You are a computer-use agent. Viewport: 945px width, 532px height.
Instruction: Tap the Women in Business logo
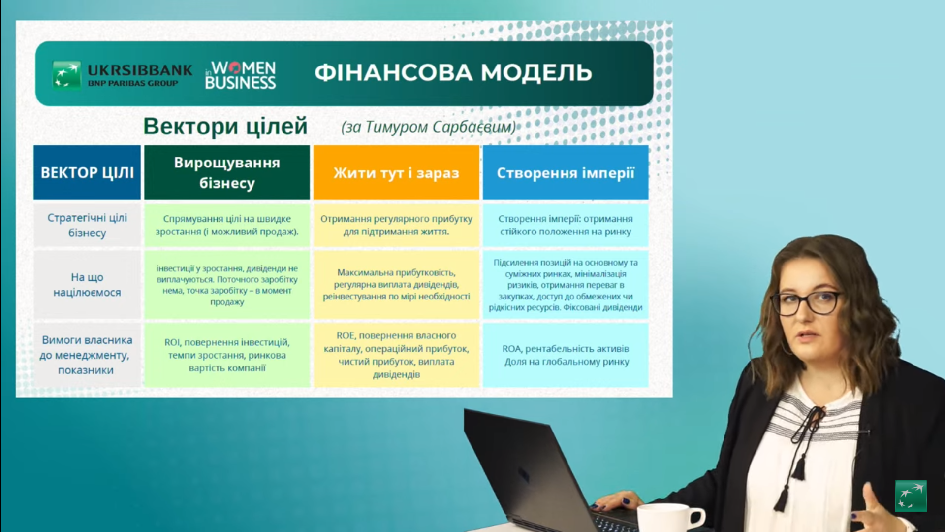pos(240,75)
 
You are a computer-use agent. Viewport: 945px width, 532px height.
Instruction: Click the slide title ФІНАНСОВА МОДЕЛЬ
pos(453,72)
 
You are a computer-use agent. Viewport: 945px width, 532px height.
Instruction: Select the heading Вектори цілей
pos(225,126)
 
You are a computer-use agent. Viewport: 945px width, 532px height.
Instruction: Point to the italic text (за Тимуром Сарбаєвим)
pos(428,127)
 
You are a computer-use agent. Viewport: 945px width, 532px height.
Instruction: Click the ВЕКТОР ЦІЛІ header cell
pos(87,172)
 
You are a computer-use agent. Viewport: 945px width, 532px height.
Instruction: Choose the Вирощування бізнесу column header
pos(227,172)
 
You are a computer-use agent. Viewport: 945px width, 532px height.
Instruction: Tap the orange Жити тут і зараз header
pos(396,172)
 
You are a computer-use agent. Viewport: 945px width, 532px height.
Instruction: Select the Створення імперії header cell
pos(566,172)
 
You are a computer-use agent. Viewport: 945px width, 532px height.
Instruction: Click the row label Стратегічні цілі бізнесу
pos(87,225)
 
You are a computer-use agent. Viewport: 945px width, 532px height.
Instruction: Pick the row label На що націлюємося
pos(87,285)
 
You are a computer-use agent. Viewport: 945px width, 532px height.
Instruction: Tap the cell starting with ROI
pos(227,355)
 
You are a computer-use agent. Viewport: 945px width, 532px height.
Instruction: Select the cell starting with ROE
pos(396,355)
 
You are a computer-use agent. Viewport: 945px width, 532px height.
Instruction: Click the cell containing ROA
pos(566,355)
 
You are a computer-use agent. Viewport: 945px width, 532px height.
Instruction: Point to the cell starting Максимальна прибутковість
pos(396,285)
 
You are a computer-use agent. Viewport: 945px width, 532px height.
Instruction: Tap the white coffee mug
pos(670,518)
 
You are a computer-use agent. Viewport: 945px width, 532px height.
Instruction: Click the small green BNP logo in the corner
pos(911,496)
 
